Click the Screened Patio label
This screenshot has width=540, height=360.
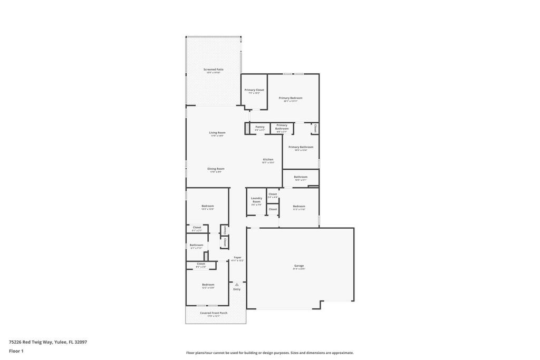coord(213,70)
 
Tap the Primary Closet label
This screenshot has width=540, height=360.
coord(254,90)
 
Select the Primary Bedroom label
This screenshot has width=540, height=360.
coord(291,98)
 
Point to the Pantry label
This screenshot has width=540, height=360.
coord(259,127)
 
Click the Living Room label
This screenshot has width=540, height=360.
coord(217,133)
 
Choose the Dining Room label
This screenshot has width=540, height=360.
coord(216,169)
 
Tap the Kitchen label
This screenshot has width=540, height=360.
coord(268,160)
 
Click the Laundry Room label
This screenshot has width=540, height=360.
coord(256,200)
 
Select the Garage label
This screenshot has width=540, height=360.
coord(299,266)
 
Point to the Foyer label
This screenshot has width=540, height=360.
coord(237,258)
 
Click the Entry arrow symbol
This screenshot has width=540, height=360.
coord(237,285)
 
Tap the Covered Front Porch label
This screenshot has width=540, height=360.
coord(214,313)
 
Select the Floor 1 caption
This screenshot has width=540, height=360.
coord(16,351)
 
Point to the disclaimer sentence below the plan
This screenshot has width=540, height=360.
coord(269,353)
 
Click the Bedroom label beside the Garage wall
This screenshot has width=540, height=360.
coord(299,206)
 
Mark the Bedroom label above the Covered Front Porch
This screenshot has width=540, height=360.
coord(208,285)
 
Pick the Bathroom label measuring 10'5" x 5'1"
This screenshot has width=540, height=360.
coord(301,177)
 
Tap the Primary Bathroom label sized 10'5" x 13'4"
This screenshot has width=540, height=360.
coord(301,147)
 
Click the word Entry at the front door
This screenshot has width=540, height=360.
coord(237,289)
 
